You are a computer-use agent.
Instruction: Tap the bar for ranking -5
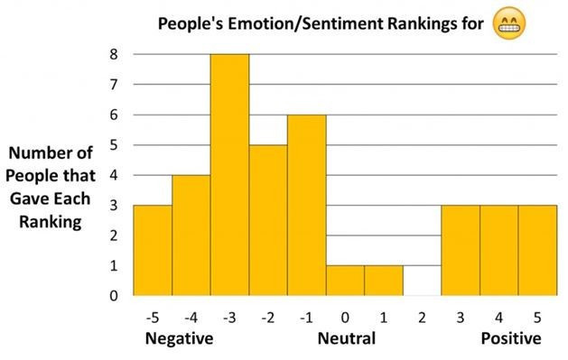(153, 250)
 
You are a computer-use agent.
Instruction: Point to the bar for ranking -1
(306, 205)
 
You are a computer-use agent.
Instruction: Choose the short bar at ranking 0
(345, 280)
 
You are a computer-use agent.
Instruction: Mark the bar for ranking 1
(384, 280)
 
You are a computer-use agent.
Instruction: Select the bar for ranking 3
(461, 250)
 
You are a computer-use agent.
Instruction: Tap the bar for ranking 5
(537, 250)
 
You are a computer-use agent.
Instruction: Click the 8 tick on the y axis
(113, 54)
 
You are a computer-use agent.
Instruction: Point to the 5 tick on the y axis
(113, 144)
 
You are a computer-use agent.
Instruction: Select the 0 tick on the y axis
(113, 295)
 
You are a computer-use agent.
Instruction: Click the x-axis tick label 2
(422, 317)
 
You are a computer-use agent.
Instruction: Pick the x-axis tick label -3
(229, 317)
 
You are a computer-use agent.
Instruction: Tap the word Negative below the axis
(179, 339)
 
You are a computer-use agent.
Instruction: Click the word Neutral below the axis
(346, 339)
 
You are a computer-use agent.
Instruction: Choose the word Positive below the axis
(511, 339)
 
